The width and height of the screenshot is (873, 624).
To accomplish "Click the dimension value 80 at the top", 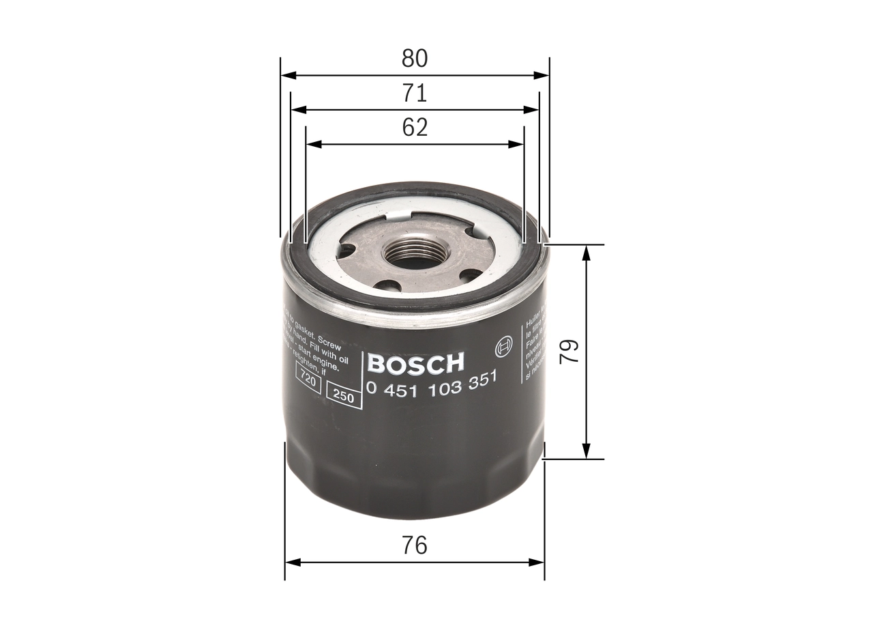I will [414, 59].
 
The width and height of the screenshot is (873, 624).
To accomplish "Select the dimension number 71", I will [414, 93].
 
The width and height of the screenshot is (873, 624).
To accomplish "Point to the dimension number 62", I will [414, 128].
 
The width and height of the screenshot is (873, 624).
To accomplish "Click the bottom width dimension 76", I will [414, 545].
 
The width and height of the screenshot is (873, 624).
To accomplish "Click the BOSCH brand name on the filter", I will [415, 363].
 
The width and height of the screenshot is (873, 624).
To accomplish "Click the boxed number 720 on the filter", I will [308, 381].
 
